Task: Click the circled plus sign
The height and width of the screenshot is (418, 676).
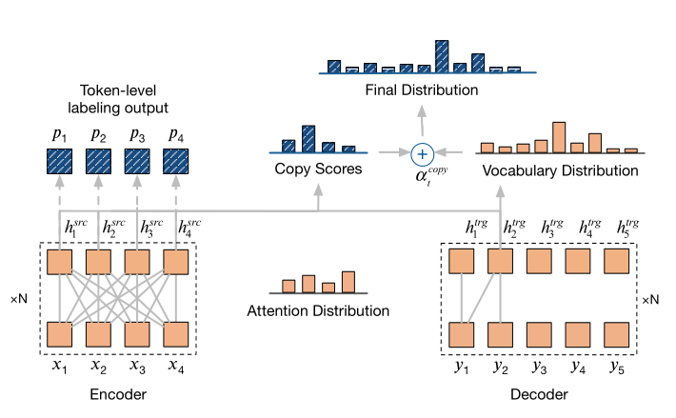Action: [x=422, y=154]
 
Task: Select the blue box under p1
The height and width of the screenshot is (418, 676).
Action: [x=59, y=162]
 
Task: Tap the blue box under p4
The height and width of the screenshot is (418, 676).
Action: [x=175, y=162]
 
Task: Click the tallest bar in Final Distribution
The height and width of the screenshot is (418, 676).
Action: [x=442, y=56]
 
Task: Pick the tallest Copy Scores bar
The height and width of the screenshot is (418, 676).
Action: [x=308, y=139]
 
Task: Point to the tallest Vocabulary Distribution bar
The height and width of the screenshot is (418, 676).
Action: [x=559, y=137]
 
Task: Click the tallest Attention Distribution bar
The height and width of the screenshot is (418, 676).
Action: [x=348, y=282]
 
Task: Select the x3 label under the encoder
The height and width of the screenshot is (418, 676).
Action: [x=137, y=367]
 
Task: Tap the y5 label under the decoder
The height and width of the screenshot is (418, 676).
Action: [x=617, y=368]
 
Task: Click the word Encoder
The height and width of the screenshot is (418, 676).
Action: [x=118, y=394]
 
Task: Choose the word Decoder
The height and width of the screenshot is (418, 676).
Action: [x=539, y=394]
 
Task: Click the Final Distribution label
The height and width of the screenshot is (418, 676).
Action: [x=422, y=90]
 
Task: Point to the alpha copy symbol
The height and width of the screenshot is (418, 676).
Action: [x=431, y=175]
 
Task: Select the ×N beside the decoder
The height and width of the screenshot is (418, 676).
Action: [x=650, y=300]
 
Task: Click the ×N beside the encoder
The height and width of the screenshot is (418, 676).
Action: [x=19, y=299]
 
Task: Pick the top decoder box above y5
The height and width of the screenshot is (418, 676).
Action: [x=617, y=261]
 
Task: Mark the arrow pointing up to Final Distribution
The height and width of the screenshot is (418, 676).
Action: [x=422, y=122]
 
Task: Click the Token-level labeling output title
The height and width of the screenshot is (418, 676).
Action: [x=118, y=99]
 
